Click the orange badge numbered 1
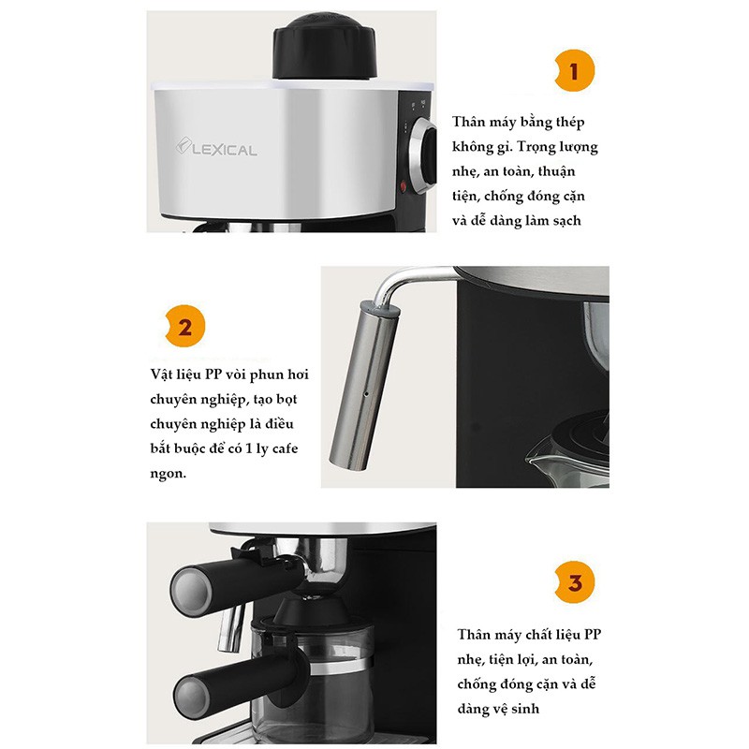point(575,70)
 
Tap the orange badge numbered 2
point(184,326)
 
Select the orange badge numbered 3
point(575,581)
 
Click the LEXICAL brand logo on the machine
point(216,147)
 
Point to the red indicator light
point(403,185)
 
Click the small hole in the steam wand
point(366,394)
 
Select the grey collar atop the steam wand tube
point(380,309)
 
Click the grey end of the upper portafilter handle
point(191,592)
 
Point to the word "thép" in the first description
point(569,123)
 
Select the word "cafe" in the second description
point(285,448)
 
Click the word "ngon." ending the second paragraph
point(169,474)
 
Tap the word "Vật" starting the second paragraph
point(159,374)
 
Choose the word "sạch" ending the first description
point(567,221)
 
